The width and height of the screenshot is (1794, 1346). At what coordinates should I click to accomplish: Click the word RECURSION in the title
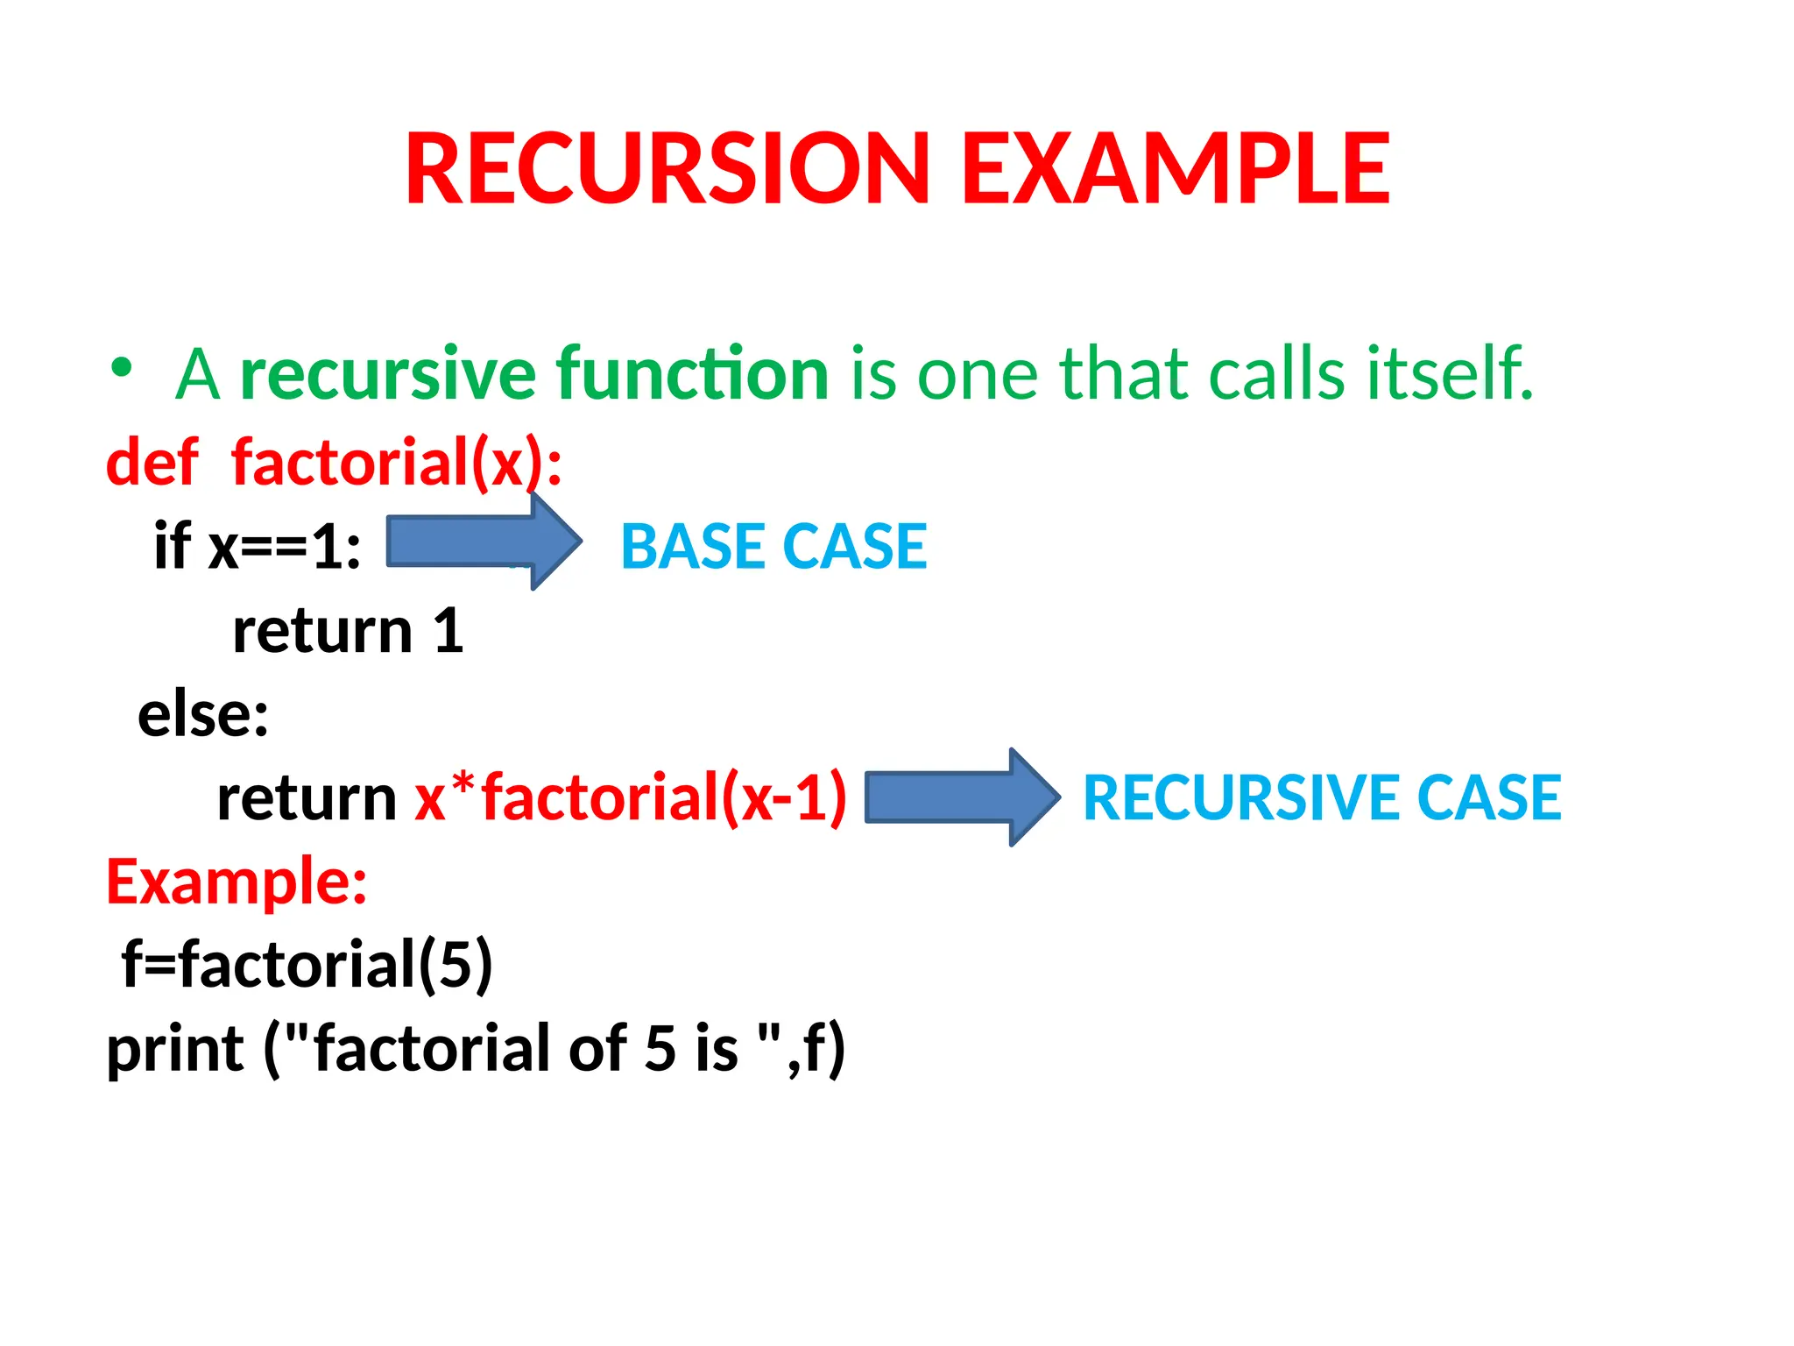click(x=666, y=168)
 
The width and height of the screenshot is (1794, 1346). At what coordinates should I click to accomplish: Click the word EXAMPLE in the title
click(x=1176, y=168)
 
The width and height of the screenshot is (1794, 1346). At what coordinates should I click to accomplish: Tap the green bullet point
click(x=122, y=368)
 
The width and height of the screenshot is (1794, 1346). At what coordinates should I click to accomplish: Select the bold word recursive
click(x=387, y=374)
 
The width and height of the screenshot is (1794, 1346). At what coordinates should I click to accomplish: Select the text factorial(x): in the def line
click(x=396, y=464)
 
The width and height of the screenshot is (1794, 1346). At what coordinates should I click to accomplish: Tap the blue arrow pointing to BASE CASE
click(x=484, y=542)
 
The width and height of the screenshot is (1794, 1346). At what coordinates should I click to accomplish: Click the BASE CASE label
click(x=773, y=547)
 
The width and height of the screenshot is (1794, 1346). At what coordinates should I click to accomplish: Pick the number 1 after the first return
click(x=448, y=630)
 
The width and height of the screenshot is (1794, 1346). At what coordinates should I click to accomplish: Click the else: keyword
click(x=203, y=714)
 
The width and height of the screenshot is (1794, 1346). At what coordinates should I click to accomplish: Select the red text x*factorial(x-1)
click(x=631, y=797)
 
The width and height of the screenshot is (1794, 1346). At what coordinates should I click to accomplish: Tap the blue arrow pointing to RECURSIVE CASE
click(x=961, y=797)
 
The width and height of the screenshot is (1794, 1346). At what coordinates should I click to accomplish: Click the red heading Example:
click(x=237, y=882)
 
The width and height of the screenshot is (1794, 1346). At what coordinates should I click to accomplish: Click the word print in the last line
click(x=175, y=1049)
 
